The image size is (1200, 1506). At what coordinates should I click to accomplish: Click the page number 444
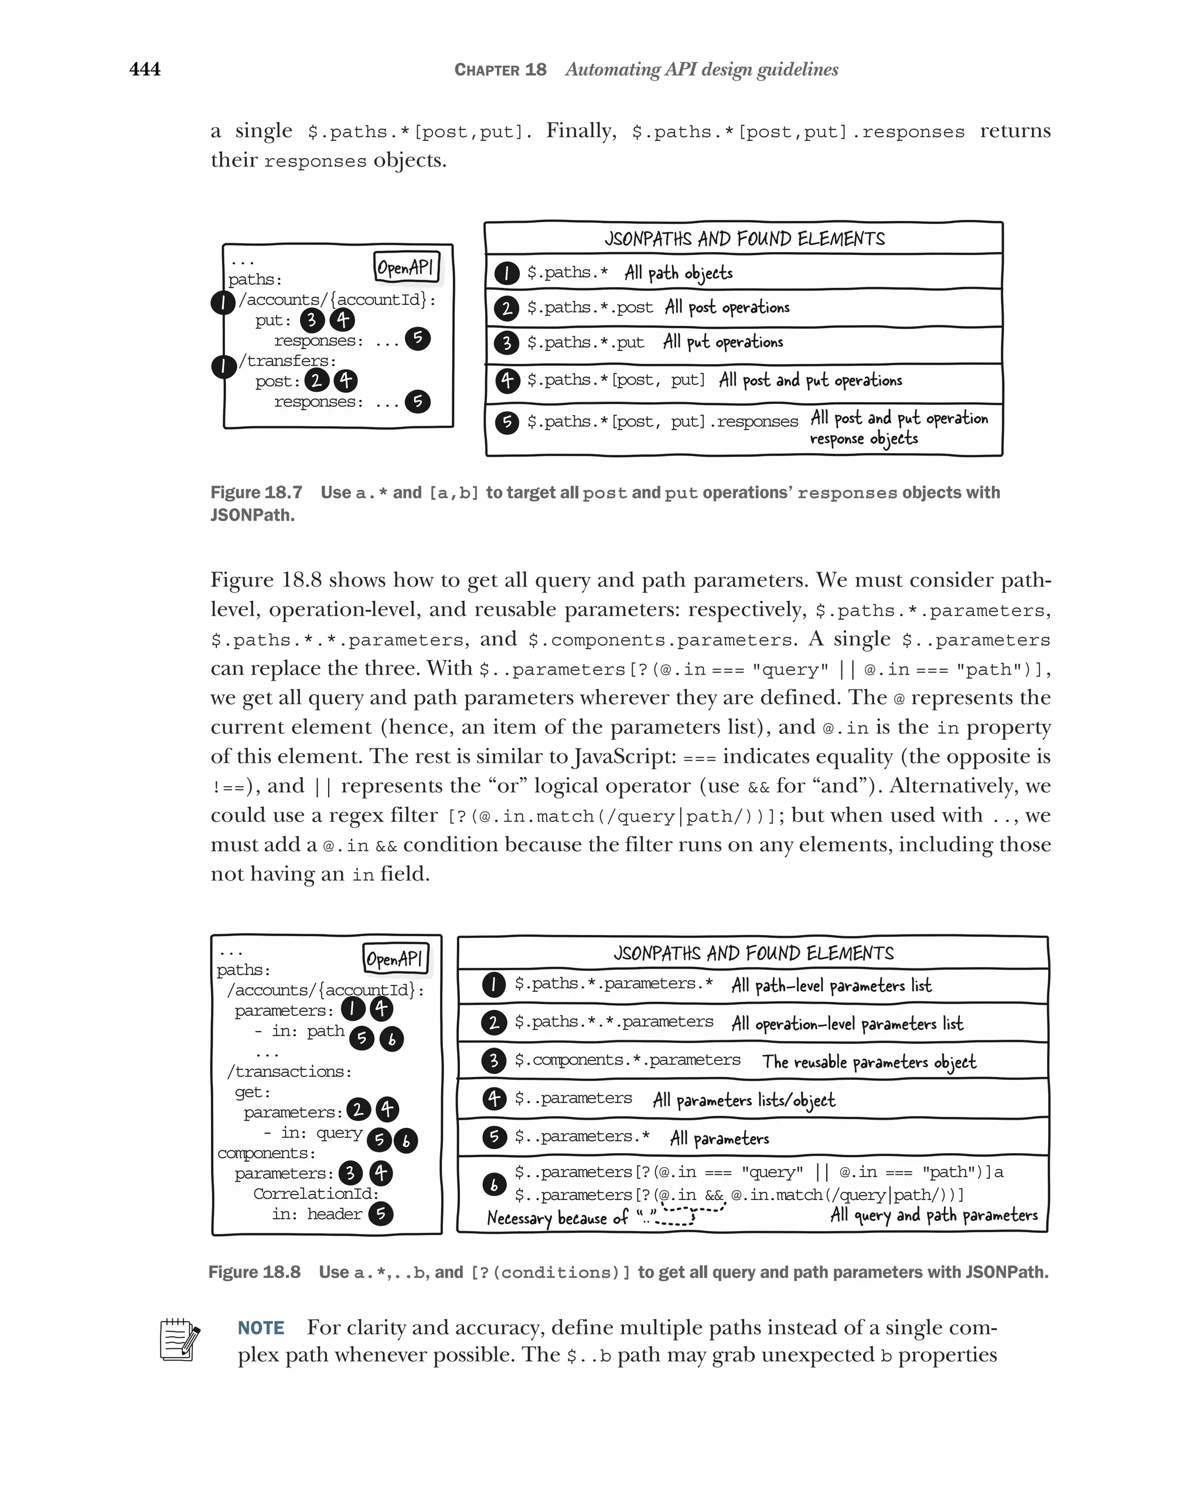pyautogui.click(x=145, y=69)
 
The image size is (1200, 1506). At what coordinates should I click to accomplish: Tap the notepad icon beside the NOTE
pyautogui.click(x=179, y=1339)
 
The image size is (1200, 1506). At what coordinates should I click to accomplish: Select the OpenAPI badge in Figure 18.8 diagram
pyautogui.click(x=395, y=958)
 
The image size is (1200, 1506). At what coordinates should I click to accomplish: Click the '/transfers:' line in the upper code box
pyautogui.click(x=288, y=361)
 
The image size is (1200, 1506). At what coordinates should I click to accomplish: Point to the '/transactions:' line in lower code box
pyautogui.click(x=289, y=1072)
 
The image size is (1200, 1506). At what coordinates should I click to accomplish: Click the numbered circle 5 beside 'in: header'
pyautogui.click(x=380, y=1214)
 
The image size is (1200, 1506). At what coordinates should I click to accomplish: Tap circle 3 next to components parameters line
pyautogui.click(x=350, y=1173)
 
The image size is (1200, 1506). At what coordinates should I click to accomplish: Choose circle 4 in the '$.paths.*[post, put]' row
pyautogui.click(x=507, y=380)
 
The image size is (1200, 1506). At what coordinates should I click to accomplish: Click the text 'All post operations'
pyautogui.click(x=727, y=307)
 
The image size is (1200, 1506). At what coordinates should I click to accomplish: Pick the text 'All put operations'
pyautogui.click(x=722, y=342)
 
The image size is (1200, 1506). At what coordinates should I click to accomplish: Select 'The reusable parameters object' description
pyautogui.click(x=868, y=1062)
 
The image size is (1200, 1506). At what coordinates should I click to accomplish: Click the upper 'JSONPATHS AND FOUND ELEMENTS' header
pyautogui.click(x=744, y=239)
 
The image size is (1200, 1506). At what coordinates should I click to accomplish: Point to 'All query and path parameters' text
pyautogui.click(x=933, y=1215)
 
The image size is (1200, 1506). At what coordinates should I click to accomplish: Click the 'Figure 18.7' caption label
pyautogui.click(x=256, y=492)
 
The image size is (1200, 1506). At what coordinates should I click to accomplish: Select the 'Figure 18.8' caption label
pyautogui.click(x=254, y=1272)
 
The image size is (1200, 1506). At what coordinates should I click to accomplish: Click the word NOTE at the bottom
pyautogui.click(x=261, y=1328)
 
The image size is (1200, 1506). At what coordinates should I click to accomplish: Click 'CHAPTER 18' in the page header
pyautogui.click(x=500, y=70)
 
